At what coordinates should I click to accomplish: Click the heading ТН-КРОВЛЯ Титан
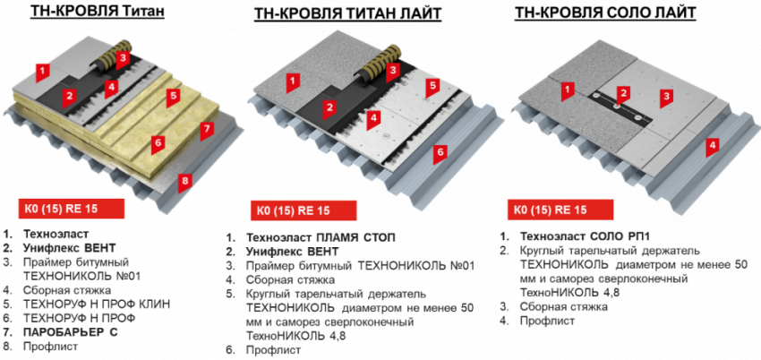point(97,12)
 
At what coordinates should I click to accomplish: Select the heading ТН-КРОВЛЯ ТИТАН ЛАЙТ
point(347,14)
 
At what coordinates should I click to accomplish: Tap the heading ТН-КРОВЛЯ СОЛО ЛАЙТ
point(605,13)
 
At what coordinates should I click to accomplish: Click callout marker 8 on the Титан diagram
point(184,182)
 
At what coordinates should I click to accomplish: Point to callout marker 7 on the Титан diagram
point(207,130)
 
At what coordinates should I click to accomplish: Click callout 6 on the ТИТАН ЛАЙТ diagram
point(440,153)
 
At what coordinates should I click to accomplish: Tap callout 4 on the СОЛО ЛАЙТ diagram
point(712,145)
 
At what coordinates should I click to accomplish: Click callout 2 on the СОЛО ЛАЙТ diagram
point(623,93)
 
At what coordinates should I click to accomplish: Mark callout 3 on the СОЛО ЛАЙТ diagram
point(667,97)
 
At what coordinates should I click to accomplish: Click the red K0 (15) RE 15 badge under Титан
point(72,210)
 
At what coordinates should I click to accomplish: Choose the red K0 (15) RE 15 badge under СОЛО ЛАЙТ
point(560,210)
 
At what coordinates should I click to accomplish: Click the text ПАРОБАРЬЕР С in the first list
point(71,332)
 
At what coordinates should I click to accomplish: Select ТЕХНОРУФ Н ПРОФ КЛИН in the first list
point(97,304)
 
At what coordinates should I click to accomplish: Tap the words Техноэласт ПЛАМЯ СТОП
point(321,238)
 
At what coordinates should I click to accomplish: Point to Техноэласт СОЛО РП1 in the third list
point(585,236)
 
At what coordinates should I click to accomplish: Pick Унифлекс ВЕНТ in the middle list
point(292,253)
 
